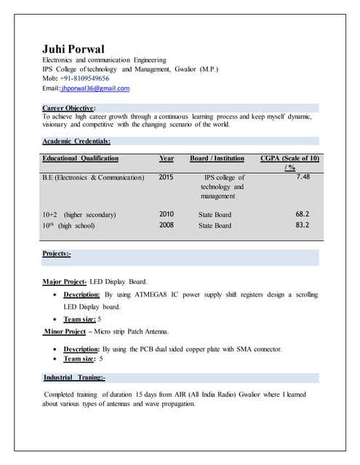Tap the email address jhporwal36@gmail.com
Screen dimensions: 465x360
pyautogui.click(x=97, y=89)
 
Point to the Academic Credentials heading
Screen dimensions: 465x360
pyautogui.click(x=76, y=142)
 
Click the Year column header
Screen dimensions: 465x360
pyautogui.click(x=166, y=158)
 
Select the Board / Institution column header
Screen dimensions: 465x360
pyautogui.click(x=217, y=158)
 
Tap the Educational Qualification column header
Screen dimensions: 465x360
pyautogui.click(x=80, y=158)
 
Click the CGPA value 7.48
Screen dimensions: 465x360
pyautogui.click(x=303, y=177)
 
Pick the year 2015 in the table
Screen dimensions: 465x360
pyautogui.click(x=166, y=177)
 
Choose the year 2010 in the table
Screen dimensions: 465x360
pyautogui.click(x=166, y=214)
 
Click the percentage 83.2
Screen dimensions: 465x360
pyautogui.click(x=303, y=225)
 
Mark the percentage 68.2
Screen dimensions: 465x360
pyautogui.click(x=303, y=214)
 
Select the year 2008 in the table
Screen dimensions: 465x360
pyautogui.click(x=166, y=225)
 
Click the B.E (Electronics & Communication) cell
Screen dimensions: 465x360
pyautogui.click(x=93, y=177)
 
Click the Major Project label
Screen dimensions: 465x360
pyautogui.click(x=65, y=281)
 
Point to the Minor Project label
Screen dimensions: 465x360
pyautogui.click(x=65, y=332)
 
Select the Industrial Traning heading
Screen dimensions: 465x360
pyautogui.click(x=74, y=378)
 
